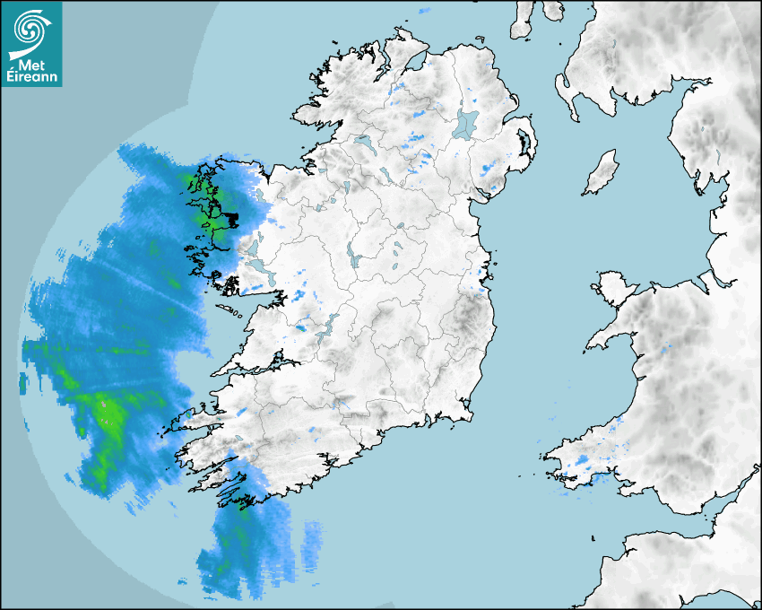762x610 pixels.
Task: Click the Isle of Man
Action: coord(602,172)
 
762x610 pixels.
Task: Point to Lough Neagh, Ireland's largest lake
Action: coord(466,123)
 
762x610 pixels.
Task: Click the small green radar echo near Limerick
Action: coord(300,328)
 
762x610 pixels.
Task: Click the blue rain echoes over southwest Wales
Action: coord(583,464)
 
